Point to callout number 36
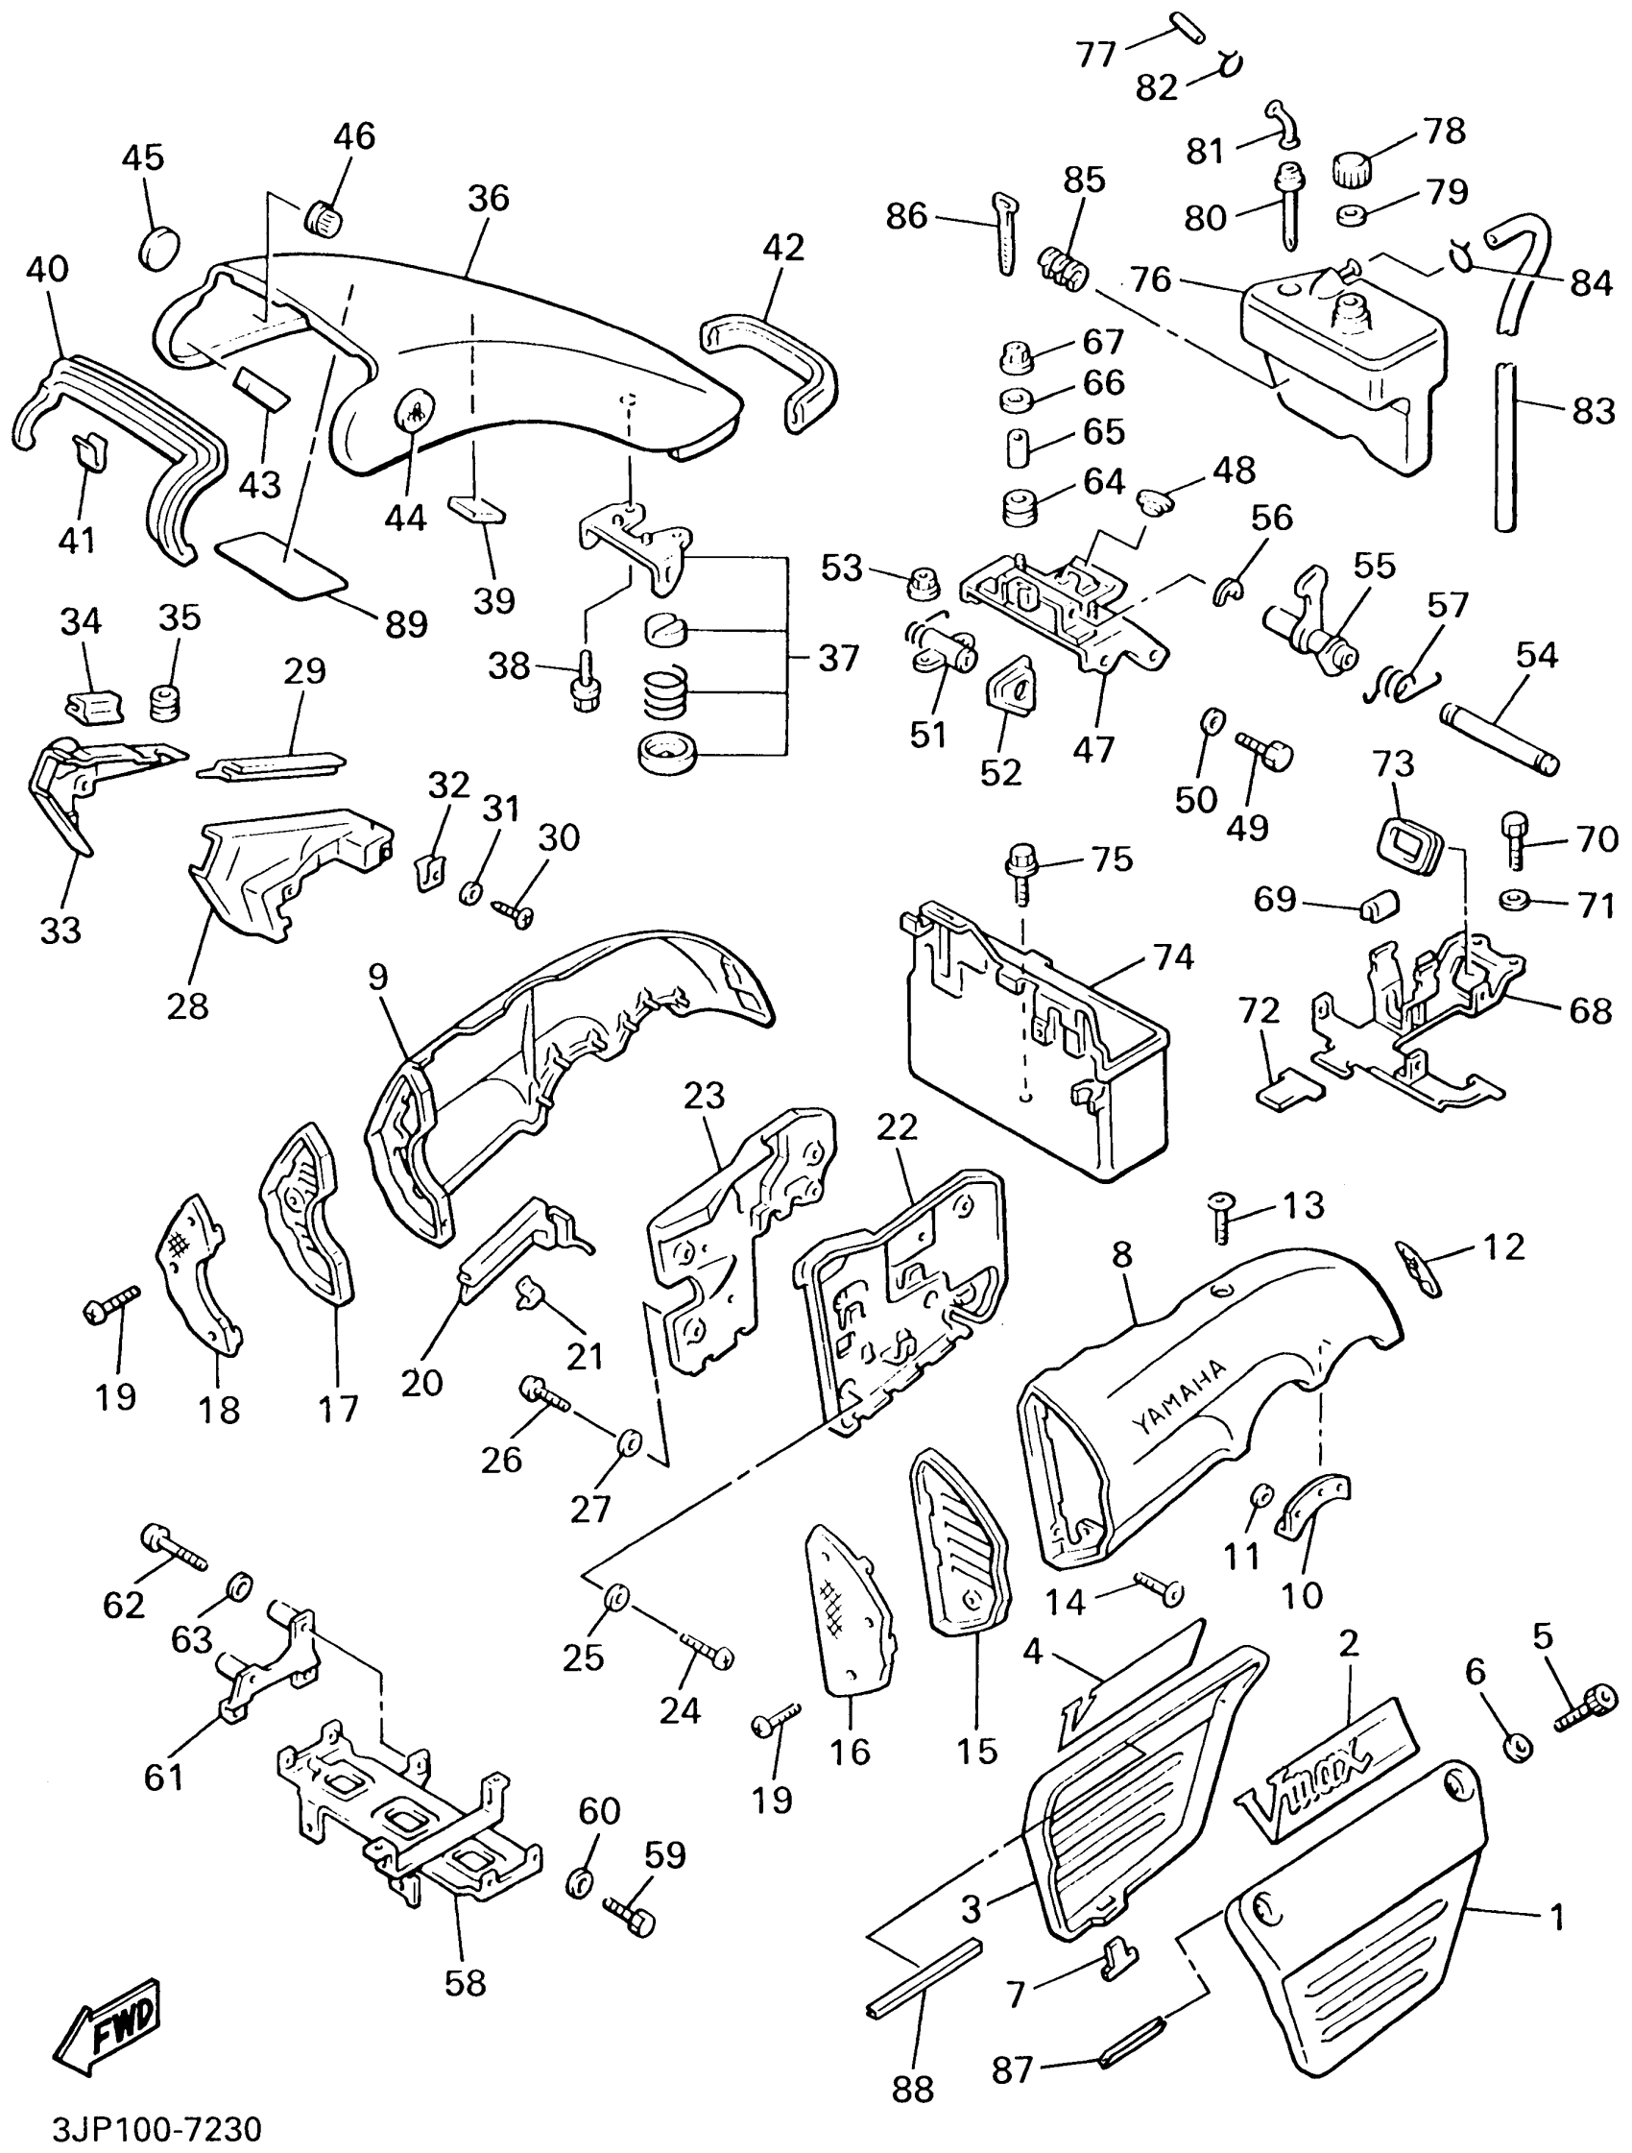488,198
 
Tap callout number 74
1174,957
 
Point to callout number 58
466,1984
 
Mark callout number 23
704,1096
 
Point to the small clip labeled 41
89,451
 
